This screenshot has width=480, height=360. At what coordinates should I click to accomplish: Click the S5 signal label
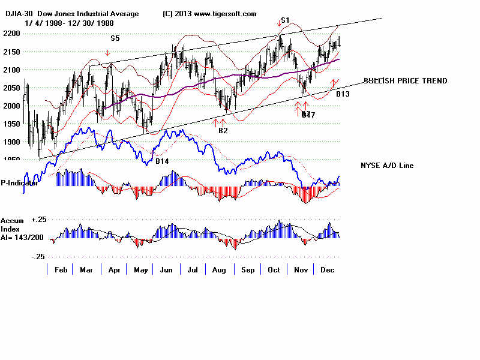pyautogui.click(x=115, y=38)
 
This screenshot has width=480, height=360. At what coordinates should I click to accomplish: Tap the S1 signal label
pyautogui.click(x=285, y=20)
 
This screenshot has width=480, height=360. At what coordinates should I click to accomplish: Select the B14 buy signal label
pyautogui.click(x=161, y=161)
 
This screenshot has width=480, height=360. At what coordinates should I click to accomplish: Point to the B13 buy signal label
pyautogui.click(x=343, y=94)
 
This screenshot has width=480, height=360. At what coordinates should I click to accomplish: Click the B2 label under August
pyautogui.click(x=223, y=130)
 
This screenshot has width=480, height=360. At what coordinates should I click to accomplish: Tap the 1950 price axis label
pyautogui.click(x=13, y=124)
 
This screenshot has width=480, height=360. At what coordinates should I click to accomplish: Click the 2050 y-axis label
pyautogui.click(x=13, y=88)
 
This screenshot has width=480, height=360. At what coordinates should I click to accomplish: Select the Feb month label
pyautogui.click(x=61, y=271)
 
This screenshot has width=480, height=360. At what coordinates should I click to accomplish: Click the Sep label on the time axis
pyautogui.click(x=247, y=271)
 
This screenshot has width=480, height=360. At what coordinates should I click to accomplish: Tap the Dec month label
pyautogui.click(x=328, y=271)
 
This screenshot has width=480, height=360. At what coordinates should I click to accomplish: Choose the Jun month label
pyautogui.click(x=166, y=271)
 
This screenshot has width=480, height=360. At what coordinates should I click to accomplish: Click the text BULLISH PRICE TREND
pyautogui.click(x=405, y=81)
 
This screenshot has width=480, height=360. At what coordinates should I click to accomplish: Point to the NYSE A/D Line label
pyautogui.click(x=386, y=166)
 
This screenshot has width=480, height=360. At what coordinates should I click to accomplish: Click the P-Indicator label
pyautogui.click(x=19, y=183)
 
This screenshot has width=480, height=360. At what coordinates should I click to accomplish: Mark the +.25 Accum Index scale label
pyautogui.click(x=39, y=220)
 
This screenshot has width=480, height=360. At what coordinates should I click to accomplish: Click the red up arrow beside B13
pyautogui.click(x=334, y=83)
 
